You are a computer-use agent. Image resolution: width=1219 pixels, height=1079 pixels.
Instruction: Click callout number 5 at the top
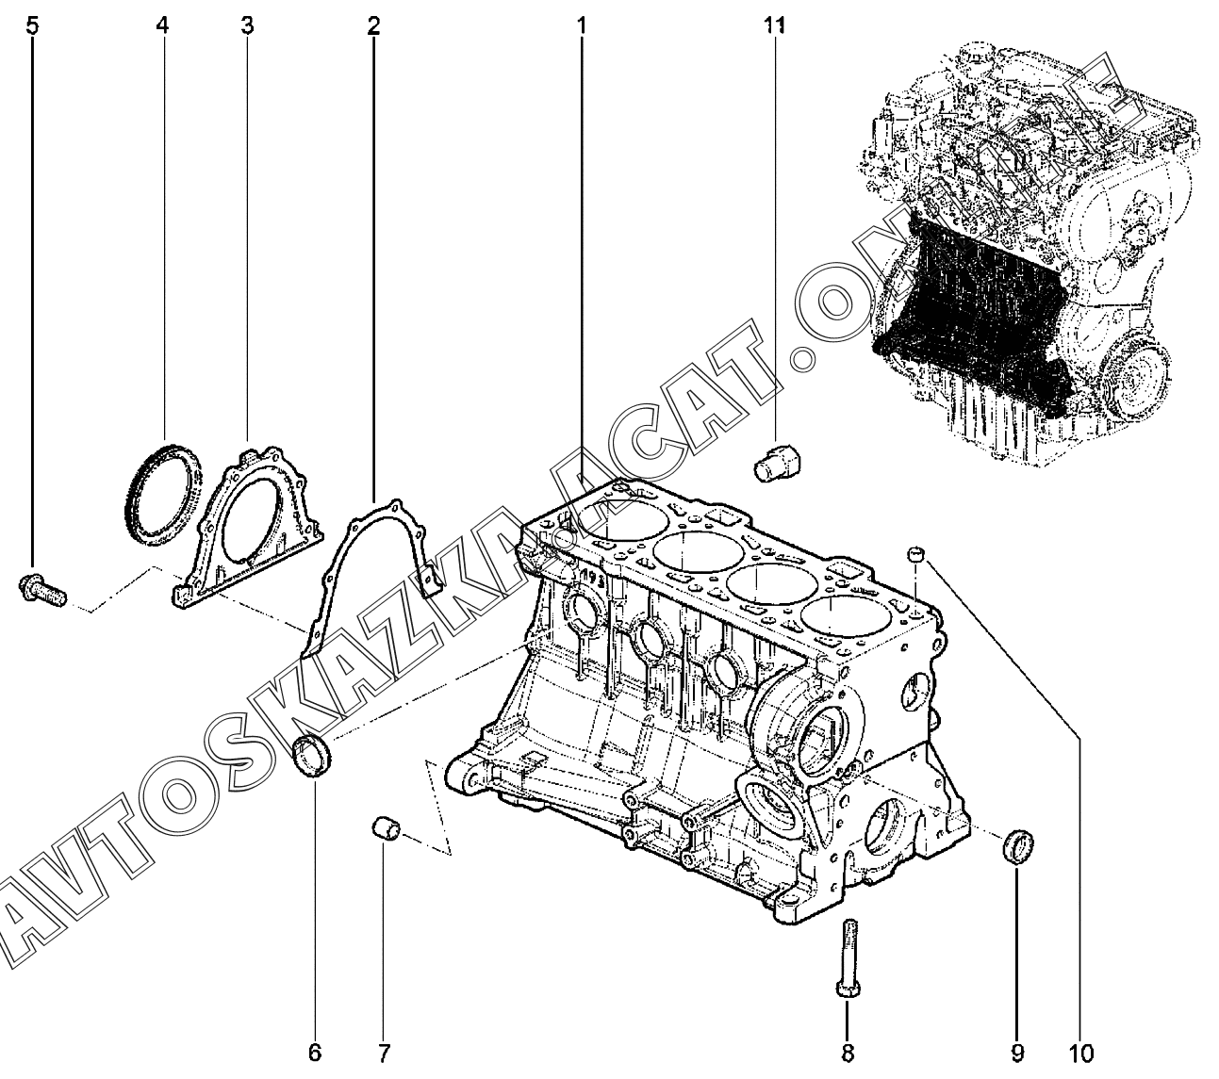[x=32, y=25]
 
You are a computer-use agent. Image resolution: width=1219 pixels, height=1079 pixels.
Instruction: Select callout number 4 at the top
[x=162, y=25]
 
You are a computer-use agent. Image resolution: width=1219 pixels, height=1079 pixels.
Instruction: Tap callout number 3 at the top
[x=247, y=25]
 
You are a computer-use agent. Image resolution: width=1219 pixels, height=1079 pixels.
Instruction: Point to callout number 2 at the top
[x=373, y=25]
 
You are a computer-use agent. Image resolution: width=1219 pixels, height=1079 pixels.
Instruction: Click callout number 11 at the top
[x=775, y=25]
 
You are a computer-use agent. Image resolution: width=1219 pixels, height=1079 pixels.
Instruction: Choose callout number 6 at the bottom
[x=315, y=1053]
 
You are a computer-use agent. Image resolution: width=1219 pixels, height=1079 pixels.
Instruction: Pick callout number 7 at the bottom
[x=384, y=1053]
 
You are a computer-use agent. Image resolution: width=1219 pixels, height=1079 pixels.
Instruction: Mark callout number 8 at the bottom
[x=848, y=1053]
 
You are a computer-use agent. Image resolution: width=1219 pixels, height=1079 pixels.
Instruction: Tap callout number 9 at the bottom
[x=1017, y=1053]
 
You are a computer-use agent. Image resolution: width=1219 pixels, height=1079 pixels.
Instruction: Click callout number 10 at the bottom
[x=1080, y=1053]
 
